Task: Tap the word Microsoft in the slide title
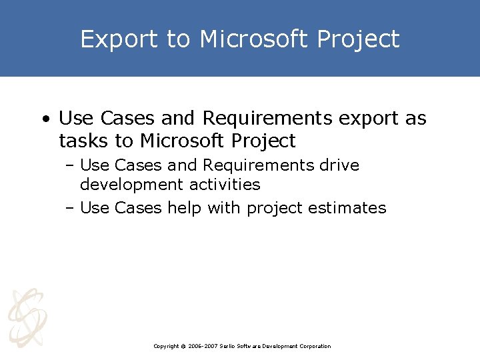click(x=254, y=40)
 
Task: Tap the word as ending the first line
click(x=416, y=119)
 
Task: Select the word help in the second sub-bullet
click(x=185, y=208)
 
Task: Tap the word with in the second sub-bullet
click(x=225, y=208)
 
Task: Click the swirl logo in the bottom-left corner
click(x=27, y=317)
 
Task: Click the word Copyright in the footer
click(x=167, y=346)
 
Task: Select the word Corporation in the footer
click(x=314, y=346)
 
